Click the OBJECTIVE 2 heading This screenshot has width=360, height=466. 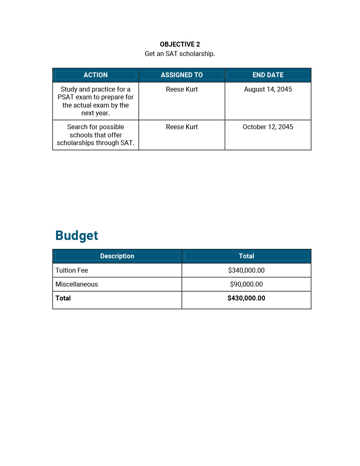tap(180, 44)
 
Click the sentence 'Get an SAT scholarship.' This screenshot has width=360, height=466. tap(180, 54)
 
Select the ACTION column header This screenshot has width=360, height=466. tap(95, 75)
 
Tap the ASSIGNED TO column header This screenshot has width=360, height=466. tap(182, 75)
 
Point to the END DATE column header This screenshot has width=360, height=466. tap(268, 75)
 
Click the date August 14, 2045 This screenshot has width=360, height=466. tap(268, 89)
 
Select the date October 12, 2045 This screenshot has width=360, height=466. tap(268, 127)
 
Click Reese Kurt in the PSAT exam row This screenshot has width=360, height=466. tap(182, 89)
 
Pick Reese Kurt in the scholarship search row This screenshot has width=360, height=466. tap(182, 127)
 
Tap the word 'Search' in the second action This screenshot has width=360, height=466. tap(77, 127)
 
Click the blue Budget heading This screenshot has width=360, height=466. tap(76, 235)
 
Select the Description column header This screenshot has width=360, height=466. tap(117, 256)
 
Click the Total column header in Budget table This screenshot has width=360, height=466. tap(246, 256)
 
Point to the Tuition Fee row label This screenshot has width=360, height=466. tap(72, 270)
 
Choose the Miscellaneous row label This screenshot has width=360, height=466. tap(76, 284)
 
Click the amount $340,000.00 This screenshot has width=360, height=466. tap(246, 270)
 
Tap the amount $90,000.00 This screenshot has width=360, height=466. tap(246, 284)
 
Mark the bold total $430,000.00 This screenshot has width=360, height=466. tap(246, 298)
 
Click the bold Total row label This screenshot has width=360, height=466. tap(63, 298)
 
